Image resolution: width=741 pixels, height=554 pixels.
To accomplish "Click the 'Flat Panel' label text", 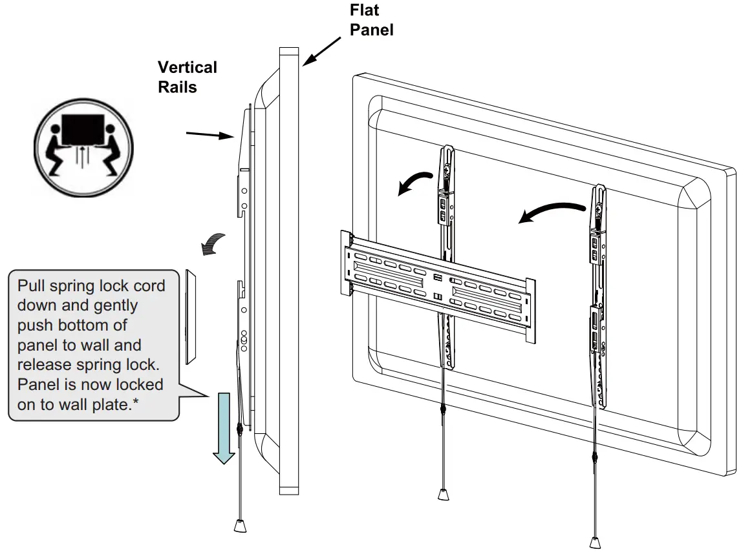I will point(372,20).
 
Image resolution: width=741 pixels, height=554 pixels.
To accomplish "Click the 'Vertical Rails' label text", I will point(187,76).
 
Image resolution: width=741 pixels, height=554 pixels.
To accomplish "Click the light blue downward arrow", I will point(224,427).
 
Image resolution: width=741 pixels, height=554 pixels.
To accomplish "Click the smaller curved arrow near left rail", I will point(413,183).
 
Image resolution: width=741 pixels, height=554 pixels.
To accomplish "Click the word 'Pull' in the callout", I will point(31,286).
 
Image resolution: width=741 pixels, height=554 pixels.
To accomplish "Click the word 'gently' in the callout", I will point(114,305).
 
